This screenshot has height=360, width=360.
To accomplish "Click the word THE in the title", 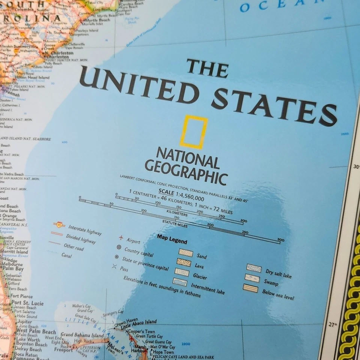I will (x=208, y=68).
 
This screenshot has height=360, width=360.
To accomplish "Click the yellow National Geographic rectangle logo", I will (x=193, y=132).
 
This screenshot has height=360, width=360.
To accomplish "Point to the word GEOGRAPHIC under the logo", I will (x=186, y=172).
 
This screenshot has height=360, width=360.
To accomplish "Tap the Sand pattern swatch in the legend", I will (x=186, y=253).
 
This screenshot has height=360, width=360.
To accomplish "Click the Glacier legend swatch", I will (x=182, y=272).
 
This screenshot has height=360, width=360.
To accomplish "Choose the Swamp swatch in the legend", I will (x=252, y=278).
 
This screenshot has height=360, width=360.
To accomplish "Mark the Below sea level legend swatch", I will (x=250, y=288).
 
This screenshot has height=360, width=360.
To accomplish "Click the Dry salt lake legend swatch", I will (x=254, y=268).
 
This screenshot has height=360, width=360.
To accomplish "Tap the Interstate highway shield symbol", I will (x=59, y=225).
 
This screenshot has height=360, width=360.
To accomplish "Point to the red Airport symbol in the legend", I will (x=121, y=237).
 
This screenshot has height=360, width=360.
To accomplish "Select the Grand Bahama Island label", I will (x=82, y=334).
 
